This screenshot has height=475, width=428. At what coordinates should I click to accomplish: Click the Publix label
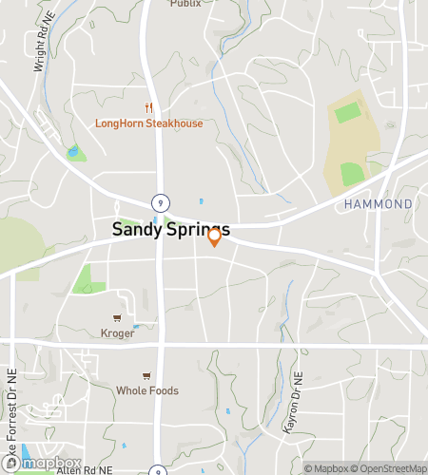pyautogui.click(x=185, y=4)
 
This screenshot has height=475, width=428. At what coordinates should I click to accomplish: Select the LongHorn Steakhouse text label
pyautogui.click(x=149, y=123)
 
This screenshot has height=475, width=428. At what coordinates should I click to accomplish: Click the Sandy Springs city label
pyautogui.click(x=170, y=229)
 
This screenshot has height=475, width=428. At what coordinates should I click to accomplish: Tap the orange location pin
pyautogui.click(x=215, y=237)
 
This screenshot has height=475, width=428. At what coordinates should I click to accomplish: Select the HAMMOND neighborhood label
pyautogui.click(x=379, y=204)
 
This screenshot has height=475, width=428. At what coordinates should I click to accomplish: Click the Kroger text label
pyautogui.click(x=117, y=333)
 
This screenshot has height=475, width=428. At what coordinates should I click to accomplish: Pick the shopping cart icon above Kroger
pyautogui.click(x=117, y=318)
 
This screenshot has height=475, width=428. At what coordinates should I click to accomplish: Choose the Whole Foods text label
pyautogui.click(x=146, y=390)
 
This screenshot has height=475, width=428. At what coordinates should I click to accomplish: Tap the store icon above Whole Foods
pyautogui.click(x=146, y=375)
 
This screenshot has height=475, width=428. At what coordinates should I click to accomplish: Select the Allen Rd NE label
pyautogui.click(x=85, y=469)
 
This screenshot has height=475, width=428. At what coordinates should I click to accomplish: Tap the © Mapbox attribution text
pyautogui.click(x=326, y=467)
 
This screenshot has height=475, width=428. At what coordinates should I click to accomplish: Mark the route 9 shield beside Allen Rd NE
pyautogui.click(x=156, y=469)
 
